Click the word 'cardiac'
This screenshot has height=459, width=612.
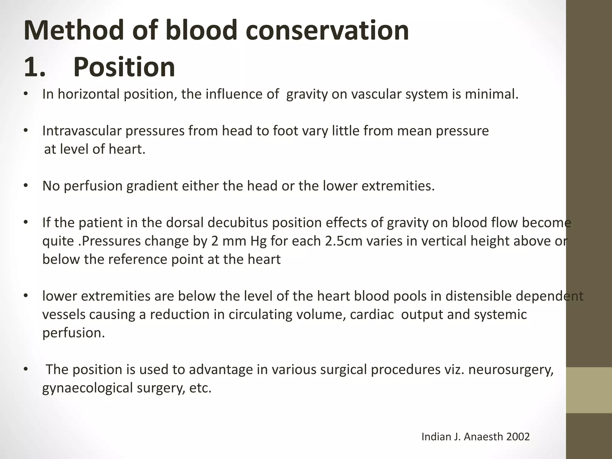pos(372,315)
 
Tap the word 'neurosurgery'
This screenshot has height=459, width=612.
pos(511,370)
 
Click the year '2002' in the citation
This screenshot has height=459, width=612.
pos(518,437)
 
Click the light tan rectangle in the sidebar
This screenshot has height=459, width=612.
pos(589,390)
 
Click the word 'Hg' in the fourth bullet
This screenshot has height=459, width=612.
pos(258,241)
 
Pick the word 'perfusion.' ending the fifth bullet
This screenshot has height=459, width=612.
pos(74,333)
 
